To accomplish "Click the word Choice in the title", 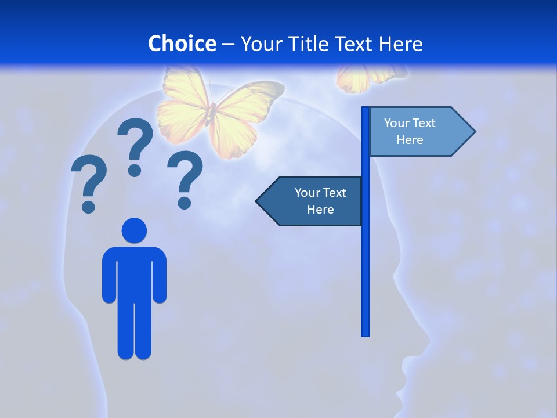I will pos(182,44).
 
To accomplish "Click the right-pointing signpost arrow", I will pos(421,132).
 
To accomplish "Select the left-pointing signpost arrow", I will pos(310,201).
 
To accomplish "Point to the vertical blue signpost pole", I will pos(366,261).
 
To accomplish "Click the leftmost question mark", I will pos(89,180).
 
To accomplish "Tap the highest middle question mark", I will pos(135,142).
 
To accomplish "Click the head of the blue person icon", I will pos(134,230).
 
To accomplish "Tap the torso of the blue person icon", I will pos(134,273).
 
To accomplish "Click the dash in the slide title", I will pos(228,44).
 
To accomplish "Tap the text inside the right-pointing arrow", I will pos(410,131).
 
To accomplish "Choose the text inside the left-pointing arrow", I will pos(320,201).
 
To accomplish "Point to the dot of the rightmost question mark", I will pos(185,203).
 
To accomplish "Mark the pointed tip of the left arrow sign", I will pos(258,201).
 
